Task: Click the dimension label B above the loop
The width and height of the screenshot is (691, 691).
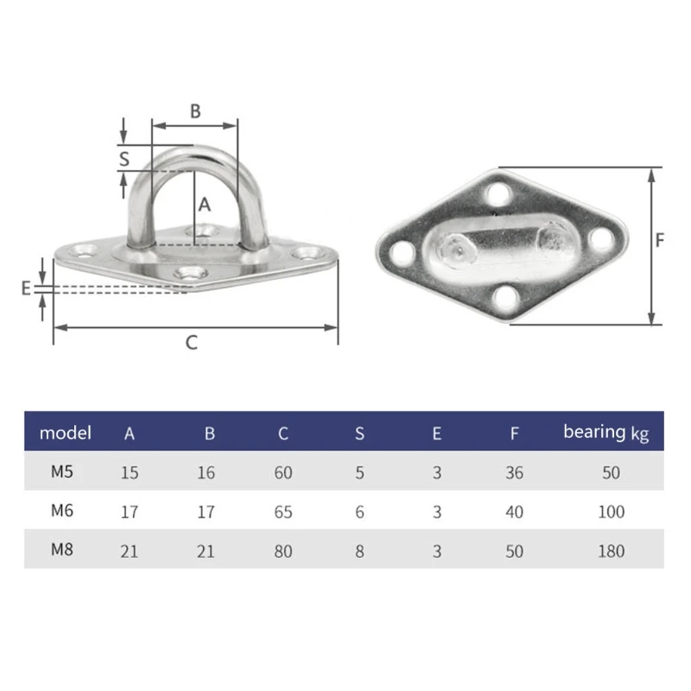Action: (x=195, y=111)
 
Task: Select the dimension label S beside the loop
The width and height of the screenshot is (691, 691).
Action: (x=124, y=158)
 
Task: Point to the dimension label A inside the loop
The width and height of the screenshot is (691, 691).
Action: (x=205, y=205)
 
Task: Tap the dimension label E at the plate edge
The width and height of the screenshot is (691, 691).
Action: (x=26, y=288)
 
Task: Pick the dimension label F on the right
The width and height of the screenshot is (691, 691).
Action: (x=659, y=241)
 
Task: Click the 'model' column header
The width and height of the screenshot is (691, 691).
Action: (x=66, y=433)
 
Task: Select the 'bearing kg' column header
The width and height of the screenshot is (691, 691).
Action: (x=605, y=432)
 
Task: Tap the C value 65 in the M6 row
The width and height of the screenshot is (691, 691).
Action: (x=283, y=512)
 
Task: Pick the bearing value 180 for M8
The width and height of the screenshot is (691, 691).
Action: (x=611, y=551)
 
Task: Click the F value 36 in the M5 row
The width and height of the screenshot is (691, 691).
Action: (x=515, y=473)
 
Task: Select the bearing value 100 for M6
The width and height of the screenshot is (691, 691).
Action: (x=611, y=512)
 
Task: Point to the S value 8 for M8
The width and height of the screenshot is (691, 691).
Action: (x=359, y=551)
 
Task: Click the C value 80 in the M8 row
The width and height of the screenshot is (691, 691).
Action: (x=283, y=551)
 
